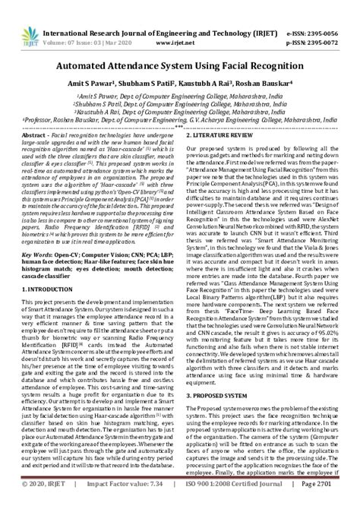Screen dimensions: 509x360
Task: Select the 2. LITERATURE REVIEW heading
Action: pos(225,132)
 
